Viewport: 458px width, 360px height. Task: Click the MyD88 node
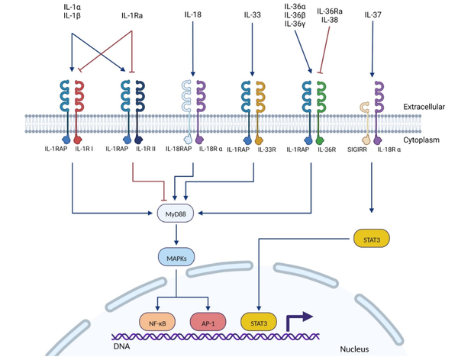click(x=176, y=214)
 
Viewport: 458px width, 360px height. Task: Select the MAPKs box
click(x=176, y=258)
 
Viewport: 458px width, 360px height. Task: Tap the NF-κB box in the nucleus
click(x=157, y=323)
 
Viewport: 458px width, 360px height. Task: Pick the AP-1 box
click(x=208, y=323)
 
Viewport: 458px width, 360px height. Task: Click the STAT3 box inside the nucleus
click(x=259, y=323)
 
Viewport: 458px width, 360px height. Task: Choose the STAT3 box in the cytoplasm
click(x=372, y=239)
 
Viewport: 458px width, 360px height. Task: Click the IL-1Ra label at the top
click(x=132, y=16)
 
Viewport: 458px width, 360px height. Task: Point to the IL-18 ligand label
click(x=193, y=14)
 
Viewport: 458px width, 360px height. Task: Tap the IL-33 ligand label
click(x=253, y=14)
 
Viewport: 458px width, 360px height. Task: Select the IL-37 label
click(x=373, y=14)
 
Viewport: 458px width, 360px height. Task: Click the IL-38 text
click(x=330, y=20)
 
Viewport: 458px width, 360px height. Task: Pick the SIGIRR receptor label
click(x=357, y=149)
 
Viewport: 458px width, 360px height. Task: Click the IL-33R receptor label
click(x=266, y=149)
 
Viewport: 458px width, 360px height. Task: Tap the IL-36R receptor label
click(x=327, y=149)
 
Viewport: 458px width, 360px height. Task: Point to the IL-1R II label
click(x=146, y=149)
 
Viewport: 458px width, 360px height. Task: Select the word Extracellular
click(x=424, y=107)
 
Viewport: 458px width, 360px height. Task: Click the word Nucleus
click(x=354, y=349)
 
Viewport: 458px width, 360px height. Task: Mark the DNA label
click(x=121, y=346)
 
